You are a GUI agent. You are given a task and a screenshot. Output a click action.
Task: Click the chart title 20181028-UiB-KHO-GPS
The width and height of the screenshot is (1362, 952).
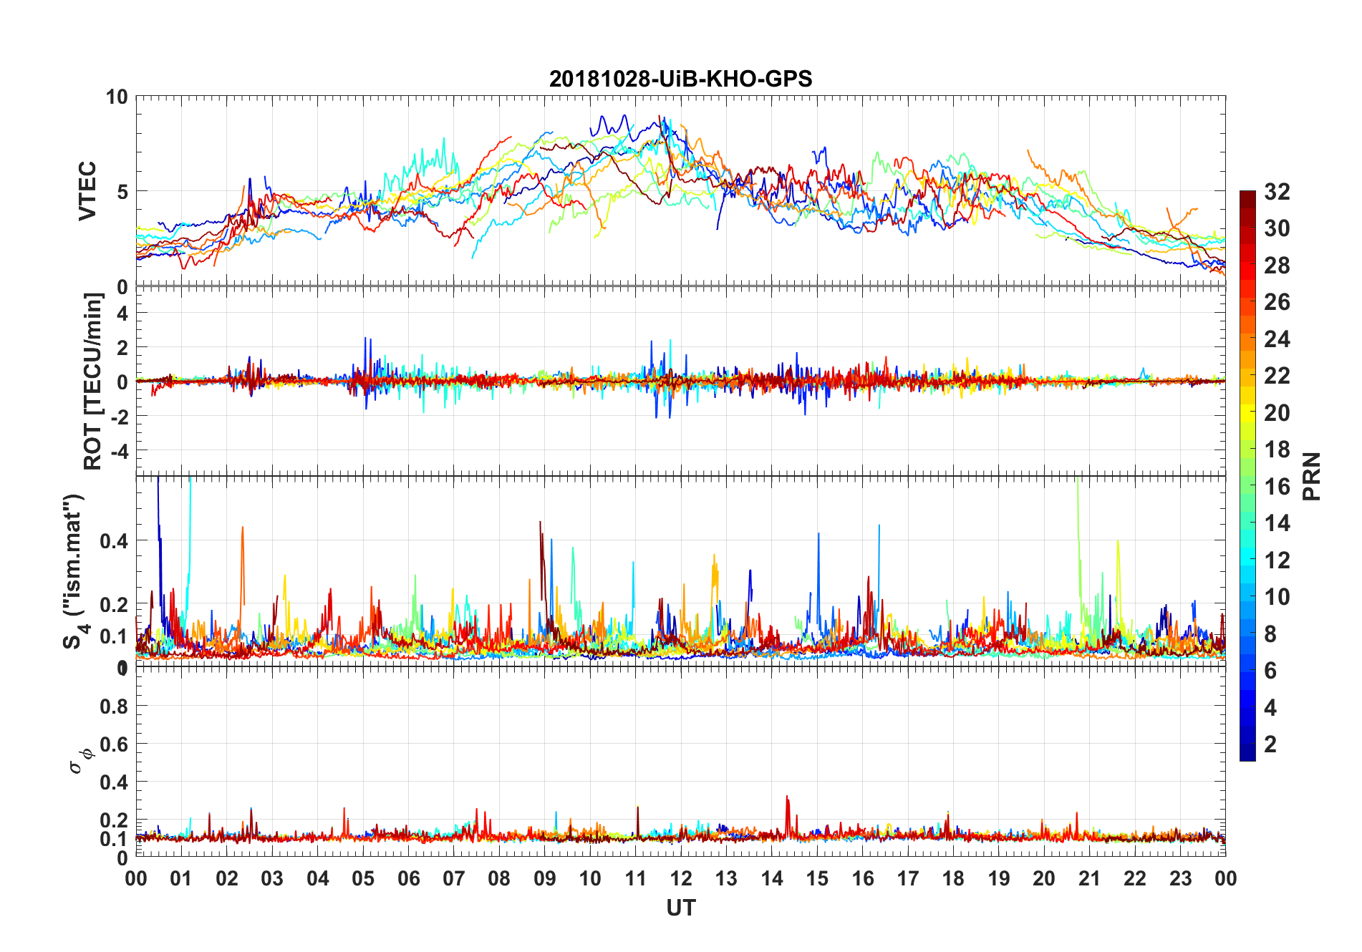click(x=680, y=79)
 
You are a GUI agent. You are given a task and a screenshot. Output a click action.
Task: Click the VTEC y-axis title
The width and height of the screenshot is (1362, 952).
click(x=87, y=191)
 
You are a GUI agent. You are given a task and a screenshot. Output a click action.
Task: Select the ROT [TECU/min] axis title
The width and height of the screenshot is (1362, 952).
click(x=93, y=381)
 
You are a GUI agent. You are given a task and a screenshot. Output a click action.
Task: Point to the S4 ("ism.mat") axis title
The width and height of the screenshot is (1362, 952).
click(x=74, y=571)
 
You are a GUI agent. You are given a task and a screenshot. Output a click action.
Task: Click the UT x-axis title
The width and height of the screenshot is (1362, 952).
click(x=680, y=908)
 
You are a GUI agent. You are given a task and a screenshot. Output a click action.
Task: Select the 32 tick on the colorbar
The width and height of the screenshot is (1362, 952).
click(x=1277, y=192)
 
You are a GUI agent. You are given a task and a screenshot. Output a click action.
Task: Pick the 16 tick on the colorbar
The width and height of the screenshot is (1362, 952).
click(x=1277, y=487)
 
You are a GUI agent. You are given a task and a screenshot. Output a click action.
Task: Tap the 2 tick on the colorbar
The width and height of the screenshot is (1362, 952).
click(x=1270, y=744)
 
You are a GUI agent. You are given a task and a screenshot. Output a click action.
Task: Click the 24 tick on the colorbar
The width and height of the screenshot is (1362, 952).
click(x=1277, y=339)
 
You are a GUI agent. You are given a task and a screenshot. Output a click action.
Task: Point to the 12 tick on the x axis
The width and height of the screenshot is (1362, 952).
click(x=681, y=878)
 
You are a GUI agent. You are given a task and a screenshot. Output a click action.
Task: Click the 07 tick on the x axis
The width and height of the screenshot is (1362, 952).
click(x=454, y=878)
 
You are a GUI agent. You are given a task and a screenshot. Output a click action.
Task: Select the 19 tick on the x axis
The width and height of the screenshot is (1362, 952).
click(x=999, y=878)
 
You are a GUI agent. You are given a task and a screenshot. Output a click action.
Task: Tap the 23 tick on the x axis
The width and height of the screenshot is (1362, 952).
click(x=1180, y=878)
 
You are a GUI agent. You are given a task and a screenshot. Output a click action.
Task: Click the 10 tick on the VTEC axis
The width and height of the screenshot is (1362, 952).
click(x=117, y=97)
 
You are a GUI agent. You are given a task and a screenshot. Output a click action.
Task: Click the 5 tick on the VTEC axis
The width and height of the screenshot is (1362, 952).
click(x=122, y=192)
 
